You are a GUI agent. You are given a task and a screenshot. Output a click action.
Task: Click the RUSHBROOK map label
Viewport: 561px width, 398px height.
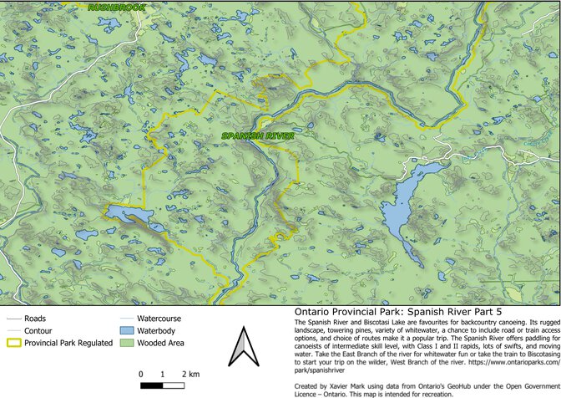click(116, 8)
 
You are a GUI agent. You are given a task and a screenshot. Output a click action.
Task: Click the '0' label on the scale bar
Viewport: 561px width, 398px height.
click(142, 373)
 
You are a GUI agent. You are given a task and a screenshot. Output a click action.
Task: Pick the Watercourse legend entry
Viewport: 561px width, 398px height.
click(159, 319)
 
